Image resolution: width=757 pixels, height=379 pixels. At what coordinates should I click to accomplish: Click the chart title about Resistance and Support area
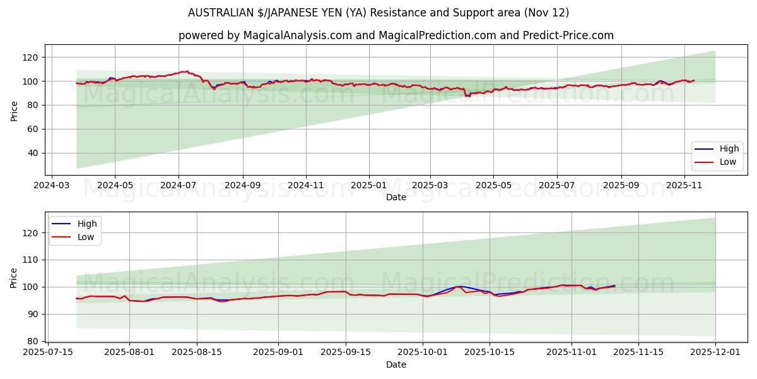pyautogui.click(x=378, y=13)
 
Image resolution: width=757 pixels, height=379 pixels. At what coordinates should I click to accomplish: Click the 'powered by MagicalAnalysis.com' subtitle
pyautogui.click(x=396, y=35)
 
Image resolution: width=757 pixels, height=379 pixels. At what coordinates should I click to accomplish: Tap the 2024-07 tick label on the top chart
pyautogui.click(x=179, y=186)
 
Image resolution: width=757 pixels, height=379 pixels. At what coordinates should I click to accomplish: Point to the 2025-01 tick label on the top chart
pyautogui.click(x=368, y=186)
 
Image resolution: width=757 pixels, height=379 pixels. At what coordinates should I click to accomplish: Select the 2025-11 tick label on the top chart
pyautogui.click(x=684, y=186)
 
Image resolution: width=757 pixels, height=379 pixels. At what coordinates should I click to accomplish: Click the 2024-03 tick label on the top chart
pyautogui.click(x=51, y=186)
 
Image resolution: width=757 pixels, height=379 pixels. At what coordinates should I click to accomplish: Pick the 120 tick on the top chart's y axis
pyautogui.click(x=31, y=57)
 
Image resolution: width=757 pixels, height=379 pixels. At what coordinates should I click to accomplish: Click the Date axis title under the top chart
pyautogui.click(x=396, y=198)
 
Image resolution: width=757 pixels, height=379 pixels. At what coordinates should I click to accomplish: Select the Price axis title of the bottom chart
pyautogui.click(x=14, y=277)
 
